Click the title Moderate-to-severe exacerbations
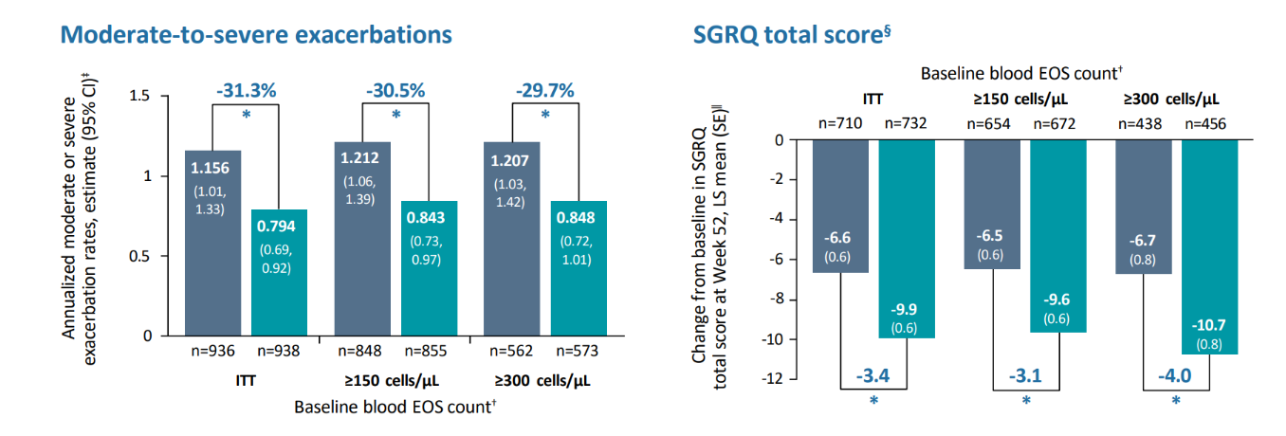coord(256,34)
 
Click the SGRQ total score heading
coord(792,34)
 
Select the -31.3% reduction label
coord(247,90)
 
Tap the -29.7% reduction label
coord(544,90)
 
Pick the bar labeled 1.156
coord(212,243)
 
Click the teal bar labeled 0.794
coord(279,273)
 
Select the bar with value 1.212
coord(362,239)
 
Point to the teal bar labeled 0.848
coord(579,268)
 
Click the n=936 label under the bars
coord(212,351)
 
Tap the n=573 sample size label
coord(577,351)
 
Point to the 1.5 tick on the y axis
coord(139,95)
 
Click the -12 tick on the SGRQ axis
coord(772,378)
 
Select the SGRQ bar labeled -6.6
coord(840,206)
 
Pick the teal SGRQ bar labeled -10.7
coord(1209,246)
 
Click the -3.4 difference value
coord(873,375)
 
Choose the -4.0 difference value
coord(1175,375)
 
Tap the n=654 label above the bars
coord(988,123)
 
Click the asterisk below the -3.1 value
coord(1026,400)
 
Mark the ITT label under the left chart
coord(246,380)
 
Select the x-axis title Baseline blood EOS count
coord(395,407)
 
